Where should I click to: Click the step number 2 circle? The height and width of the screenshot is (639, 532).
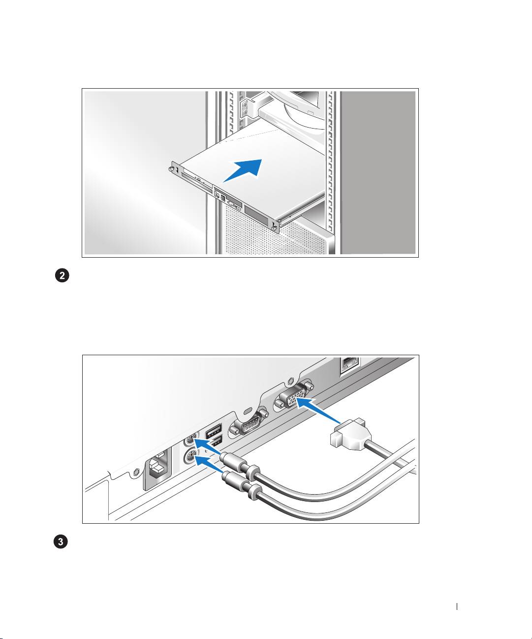pyautogui.click(x=62, y=276)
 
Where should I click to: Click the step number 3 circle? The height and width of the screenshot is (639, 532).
pyautogui.click(x=61, y=541)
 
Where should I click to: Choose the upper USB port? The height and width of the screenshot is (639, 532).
pyautogui.click(x=214, y=431)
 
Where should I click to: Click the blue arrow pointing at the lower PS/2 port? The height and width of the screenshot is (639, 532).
pyautogui.click(x=209, y=467)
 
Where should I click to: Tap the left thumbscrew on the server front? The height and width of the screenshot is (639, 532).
pyautogui.click(x=172, y=168)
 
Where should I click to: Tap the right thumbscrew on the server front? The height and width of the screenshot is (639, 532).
pyautogui.click(x=274, y=228)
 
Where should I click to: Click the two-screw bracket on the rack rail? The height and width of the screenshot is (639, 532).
pyautogui.click(x=245, y=109)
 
